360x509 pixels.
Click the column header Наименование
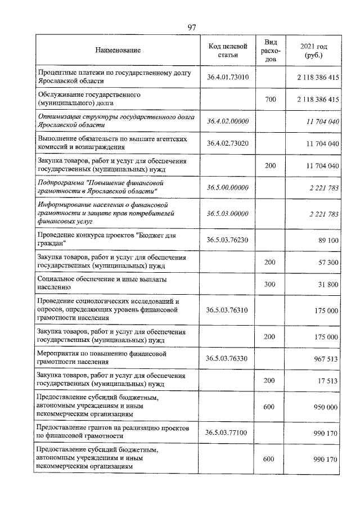(x=118, y=51)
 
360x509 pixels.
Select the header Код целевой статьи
(x=227, y=50)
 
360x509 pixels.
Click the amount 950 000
(x=325, y=406)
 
